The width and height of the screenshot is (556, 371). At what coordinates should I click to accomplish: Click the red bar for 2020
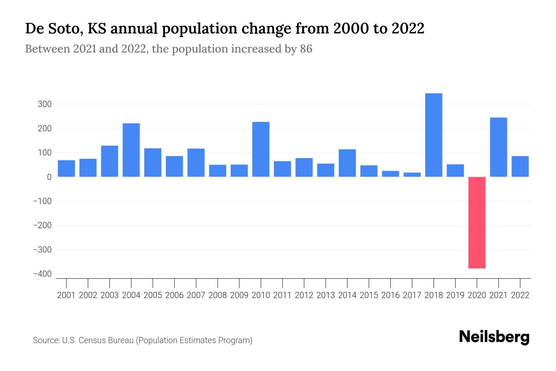pos(477,222)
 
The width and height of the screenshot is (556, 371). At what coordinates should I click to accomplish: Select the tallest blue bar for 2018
pos(433,135)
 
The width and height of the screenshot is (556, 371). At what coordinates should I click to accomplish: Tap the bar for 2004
pos(131,150)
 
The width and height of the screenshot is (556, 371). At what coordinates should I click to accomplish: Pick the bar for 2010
pos(261,149)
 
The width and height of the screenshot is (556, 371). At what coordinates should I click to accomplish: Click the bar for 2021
pos(498,147)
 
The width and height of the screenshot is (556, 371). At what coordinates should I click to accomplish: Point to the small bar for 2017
pos(412,175)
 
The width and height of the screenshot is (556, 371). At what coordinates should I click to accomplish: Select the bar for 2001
pos(66,168)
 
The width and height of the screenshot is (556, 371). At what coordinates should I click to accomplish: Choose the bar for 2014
pos(347,163)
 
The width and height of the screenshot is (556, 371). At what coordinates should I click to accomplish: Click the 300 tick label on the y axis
pos(44,104)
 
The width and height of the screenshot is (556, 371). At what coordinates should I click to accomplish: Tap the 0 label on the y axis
pos(49,177)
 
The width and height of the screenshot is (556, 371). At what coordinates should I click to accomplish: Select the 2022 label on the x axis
pos(520,295)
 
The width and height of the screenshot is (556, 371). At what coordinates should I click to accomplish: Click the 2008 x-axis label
pos(217,295)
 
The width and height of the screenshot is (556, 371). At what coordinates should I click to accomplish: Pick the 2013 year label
pos(326,295)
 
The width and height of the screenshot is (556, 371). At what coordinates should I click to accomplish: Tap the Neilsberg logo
pos(494,337)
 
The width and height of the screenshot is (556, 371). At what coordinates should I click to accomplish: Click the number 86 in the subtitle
pos(306,49)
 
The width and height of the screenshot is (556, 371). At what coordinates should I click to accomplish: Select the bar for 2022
pos(520,166)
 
